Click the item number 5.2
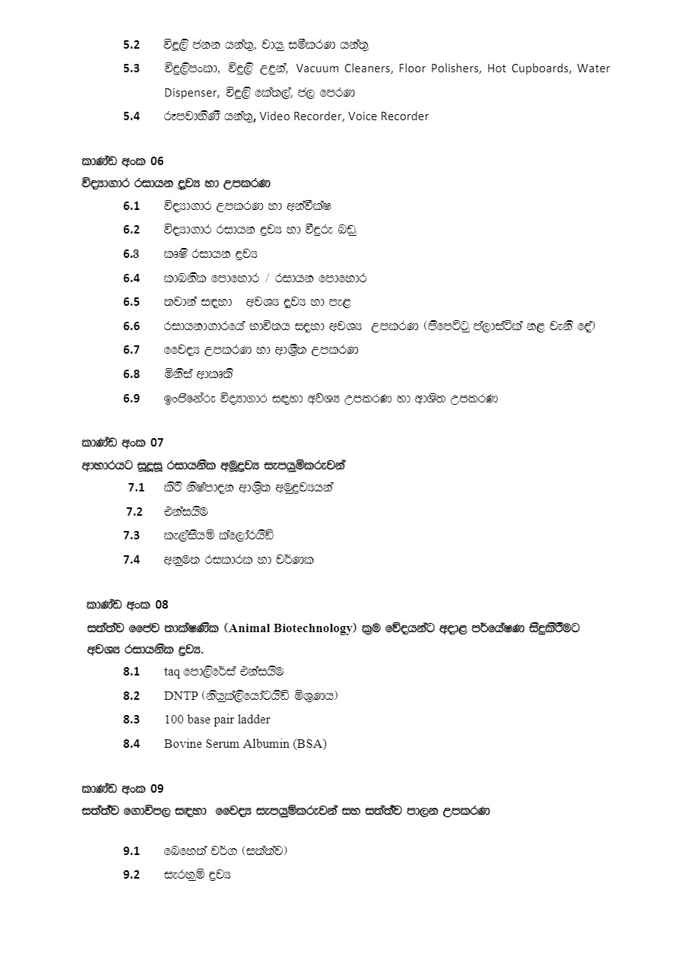tap(131, 44)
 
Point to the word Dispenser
tap(191, 93)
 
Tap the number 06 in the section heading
tap(157, 161)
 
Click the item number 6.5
tap(131, 302)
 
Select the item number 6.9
tap(131, 398)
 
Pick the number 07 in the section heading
tap(157, 442)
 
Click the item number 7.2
tap(135, 511)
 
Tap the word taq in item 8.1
tap(173, 672)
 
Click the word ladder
tap(253, 720)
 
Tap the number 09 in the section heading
tap(157, 788)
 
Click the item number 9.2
tap(131, 875)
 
